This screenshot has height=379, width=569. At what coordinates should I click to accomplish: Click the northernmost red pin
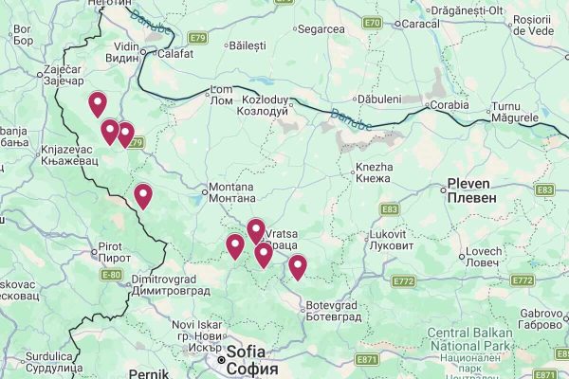pos(97,103)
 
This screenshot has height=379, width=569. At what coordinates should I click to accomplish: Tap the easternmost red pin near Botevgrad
pos(298,266)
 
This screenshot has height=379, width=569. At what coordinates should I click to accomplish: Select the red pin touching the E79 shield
pos(125,135)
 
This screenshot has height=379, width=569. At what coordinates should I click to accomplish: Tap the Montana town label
pos(231,193)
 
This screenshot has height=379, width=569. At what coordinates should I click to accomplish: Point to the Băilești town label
pos(248,44)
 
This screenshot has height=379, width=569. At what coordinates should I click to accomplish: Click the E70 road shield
pos(373,23)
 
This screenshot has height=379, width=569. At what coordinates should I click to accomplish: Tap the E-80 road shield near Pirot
pos(111,275)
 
